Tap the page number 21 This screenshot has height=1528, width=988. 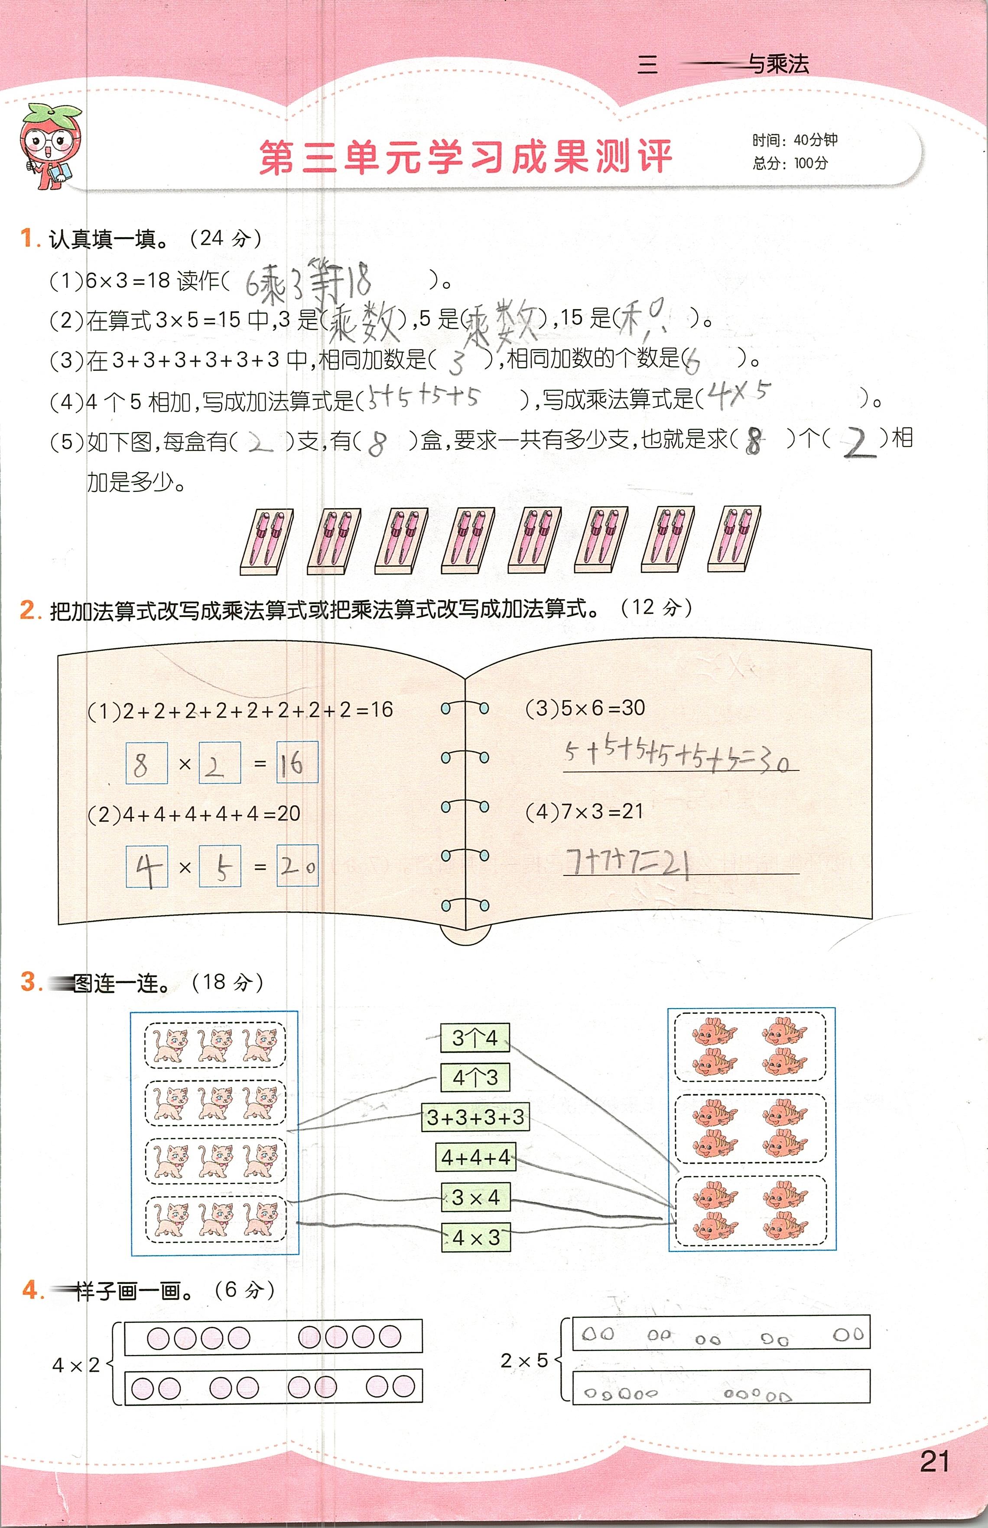tap(934, 1461)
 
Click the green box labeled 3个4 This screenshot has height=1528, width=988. tap(475, 1038)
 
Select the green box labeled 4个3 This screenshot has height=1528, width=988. tap(475, 1077)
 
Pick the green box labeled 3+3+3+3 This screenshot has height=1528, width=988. tap(475, 1117)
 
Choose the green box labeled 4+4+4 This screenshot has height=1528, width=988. tap(475, 1157)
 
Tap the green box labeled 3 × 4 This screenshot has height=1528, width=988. tap(475, 1197)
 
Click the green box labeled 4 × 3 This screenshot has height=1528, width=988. tap(475, 1237)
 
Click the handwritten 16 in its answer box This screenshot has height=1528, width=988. tap(297, 762)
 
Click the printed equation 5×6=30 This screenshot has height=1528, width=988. tap(585, 708)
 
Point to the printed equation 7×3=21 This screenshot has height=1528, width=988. tap(585, 811)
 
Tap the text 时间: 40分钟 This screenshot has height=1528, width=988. tap(795, 140)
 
